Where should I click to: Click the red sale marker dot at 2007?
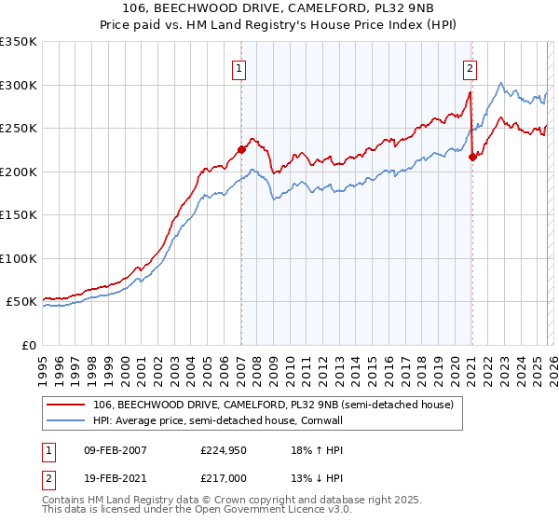click(x=241, y=148)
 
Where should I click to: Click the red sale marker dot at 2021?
click(x=472, y=157)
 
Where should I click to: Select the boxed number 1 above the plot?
click(x=240, y=67)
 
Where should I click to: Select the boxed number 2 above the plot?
click(x=470, y=67)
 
